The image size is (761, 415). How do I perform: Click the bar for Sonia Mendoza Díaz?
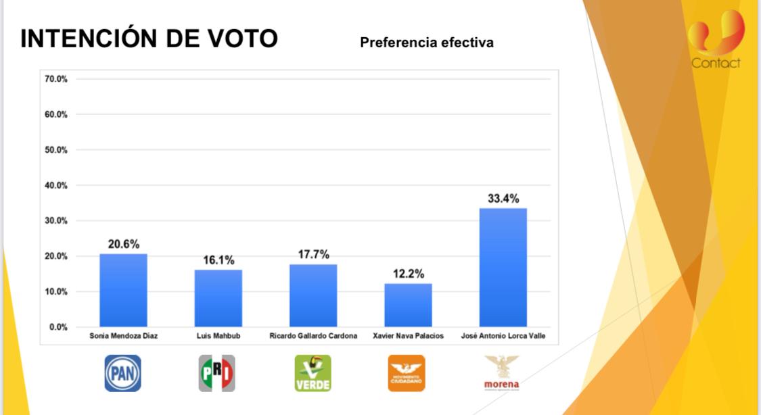123,290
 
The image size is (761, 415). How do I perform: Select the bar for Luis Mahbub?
218,298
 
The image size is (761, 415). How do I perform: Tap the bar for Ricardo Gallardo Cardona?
313,295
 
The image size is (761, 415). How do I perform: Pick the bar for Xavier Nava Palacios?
408,305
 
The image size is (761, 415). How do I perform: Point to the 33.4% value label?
503,199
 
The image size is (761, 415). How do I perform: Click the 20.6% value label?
123,244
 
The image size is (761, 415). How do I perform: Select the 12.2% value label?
409,274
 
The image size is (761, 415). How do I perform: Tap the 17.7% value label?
313,255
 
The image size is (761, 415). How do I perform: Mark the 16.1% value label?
218,260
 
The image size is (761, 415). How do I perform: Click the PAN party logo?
122,373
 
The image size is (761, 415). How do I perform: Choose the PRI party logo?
217,373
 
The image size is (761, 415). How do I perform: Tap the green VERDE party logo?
313,373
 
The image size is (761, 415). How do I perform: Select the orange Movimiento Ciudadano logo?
407,373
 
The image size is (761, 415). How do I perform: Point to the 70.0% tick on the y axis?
56,79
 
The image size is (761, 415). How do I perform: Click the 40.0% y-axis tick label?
56,185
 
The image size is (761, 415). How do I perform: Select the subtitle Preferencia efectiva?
427,43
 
